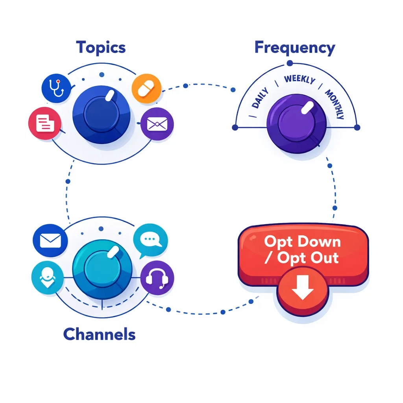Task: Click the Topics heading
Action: pos(101,47)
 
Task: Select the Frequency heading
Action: pos(295,48)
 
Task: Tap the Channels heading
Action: pos(99,335)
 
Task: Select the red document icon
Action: pos(44,124)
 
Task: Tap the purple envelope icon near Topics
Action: pos(157,124)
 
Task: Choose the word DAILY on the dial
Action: pos(260,99)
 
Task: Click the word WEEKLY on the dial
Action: pos(299,79)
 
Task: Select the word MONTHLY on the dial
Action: pos(335,104)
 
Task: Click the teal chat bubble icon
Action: pos(151,240)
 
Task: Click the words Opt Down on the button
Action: pos(302,241)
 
